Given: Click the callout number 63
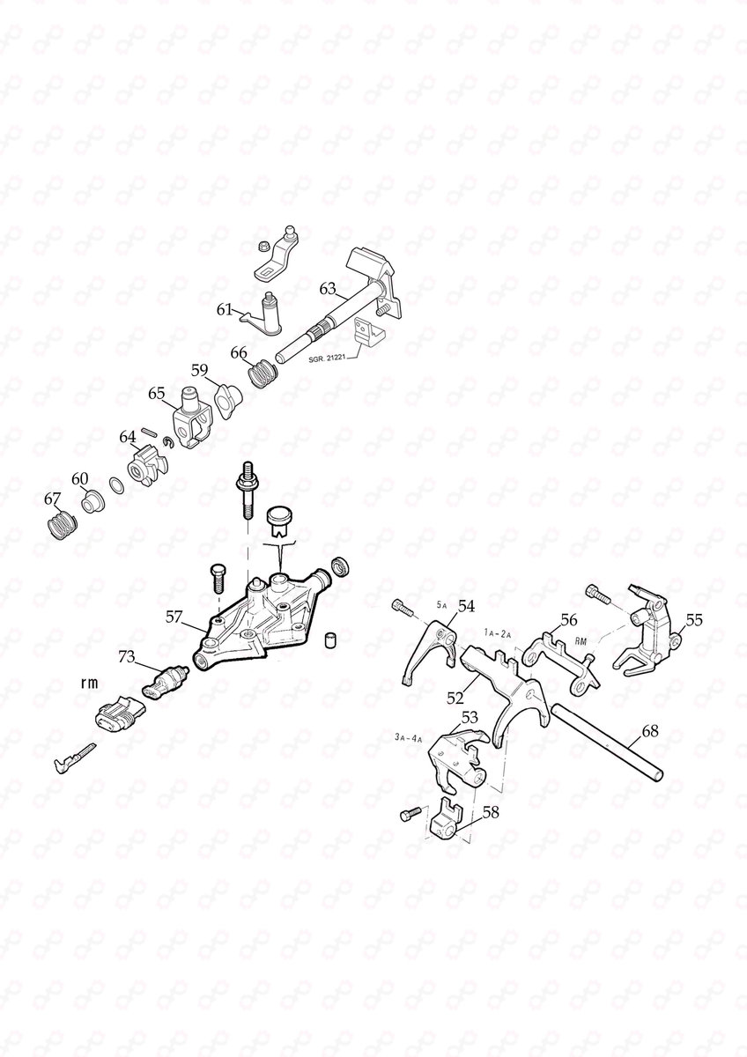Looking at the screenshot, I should click(x=328, y=288).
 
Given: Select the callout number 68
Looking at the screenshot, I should click(x=650, y=731).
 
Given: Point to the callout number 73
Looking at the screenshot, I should click(x=129, y=657).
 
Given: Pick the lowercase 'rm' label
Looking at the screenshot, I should click(x=89, y=682).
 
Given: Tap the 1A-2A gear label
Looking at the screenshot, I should click(x=499, y=632).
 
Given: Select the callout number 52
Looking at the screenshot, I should click(x=455, y=697).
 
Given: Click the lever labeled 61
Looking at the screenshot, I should click(x=264, y=314).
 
